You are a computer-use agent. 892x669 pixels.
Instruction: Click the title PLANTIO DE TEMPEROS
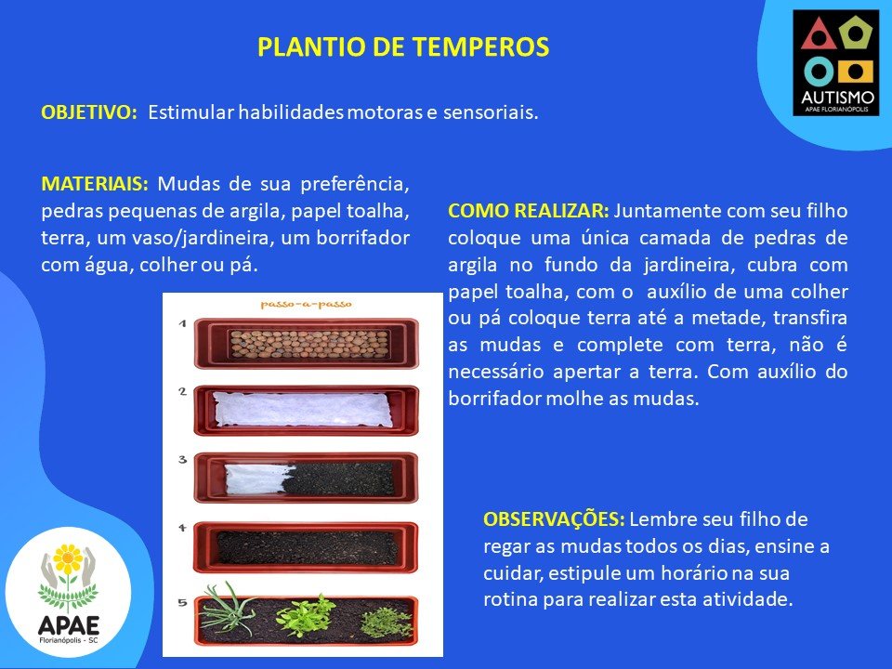click(403, 47)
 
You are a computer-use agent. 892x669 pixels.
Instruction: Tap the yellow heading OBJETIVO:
click(89, 112)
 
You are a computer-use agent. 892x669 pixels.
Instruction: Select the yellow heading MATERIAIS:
click(95, 184)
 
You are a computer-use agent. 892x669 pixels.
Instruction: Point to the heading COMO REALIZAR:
click(529, 211)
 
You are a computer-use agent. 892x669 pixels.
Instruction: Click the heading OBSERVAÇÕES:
click(554, 519)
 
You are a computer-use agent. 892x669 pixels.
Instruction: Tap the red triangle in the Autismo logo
click(819, 35)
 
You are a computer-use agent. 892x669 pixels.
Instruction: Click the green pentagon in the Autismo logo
click(855, 33)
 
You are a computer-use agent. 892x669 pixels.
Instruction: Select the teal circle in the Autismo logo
click(819, 72)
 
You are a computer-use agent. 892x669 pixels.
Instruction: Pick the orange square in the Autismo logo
click(856, 72)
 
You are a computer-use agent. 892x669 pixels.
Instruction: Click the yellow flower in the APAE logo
click(68, 558)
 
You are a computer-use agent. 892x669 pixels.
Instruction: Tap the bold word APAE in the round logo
click(68, 625)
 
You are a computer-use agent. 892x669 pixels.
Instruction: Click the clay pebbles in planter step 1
click(309, 344)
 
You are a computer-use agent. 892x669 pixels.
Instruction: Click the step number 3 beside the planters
click(182, 459)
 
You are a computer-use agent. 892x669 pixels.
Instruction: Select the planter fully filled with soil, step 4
click(306, 547)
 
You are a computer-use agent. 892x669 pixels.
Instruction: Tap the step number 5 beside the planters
click(182, 602)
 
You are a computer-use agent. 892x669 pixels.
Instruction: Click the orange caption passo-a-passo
click(306, 305)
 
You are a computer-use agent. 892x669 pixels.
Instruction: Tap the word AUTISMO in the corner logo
click(837, 98)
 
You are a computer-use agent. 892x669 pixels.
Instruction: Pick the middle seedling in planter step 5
click(306, 616)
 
